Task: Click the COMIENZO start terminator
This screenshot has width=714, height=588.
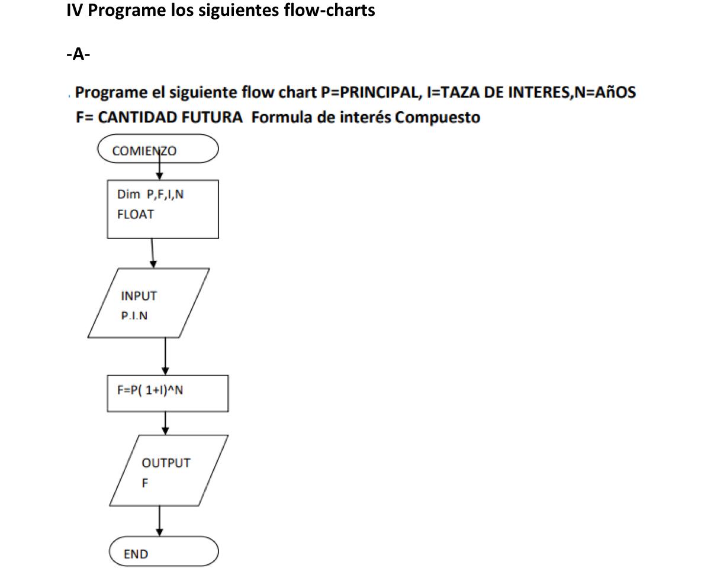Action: coord(158,148)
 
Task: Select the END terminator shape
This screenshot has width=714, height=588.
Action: coord(164,552)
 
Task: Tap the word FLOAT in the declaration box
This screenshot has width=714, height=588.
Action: coord(136,215)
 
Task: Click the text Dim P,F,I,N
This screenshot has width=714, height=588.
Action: coord(150,194)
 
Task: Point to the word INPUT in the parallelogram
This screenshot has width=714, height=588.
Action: coord(139,296)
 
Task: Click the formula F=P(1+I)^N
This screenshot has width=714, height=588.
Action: coord(150,390)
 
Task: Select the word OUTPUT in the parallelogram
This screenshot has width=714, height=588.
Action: coord(166,463)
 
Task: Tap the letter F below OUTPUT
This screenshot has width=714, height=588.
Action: coord(145,483)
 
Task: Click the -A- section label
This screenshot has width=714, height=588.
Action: coord(78,55)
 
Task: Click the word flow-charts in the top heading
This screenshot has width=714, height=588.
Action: coord(329,11)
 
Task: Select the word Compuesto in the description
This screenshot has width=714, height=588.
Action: coord(438,117)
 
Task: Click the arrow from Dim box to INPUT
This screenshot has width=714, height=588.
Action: coord(153,253)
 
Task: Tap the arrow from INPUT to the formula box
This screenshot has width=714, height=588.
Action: coord(165,356)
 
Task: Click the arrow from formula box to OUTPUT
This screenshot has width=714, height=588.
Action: coord(165,422)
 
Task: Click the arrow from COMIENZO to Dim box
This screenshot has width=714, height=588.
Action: coord(159,170)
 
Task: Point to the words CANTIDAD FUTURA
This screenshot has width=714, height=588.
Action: coord(170,117)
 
